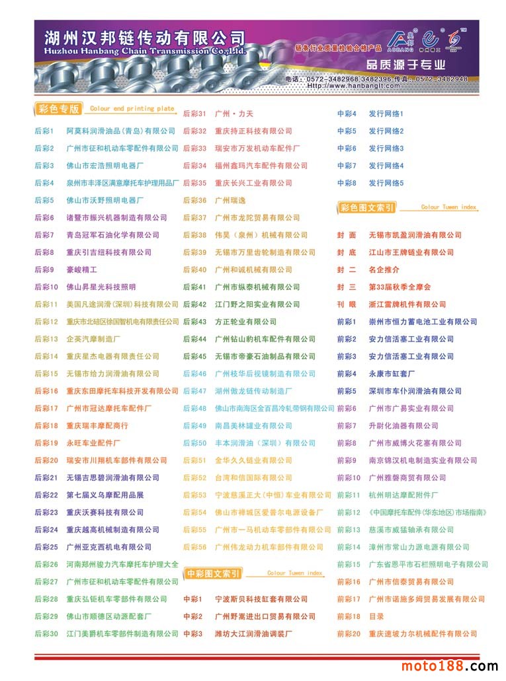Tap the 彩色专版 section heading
[x=59, y=109]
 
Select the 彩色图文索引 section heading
[x=367, y=208]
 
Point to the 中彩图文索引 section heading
[x=214, y=573]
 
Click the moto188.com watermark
[x=449, y=666]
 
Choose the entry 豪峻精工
[x=81, y=269]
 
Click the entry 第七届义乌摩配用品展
[x=105, y=495]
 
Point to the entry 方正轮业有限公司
[x=245, y=322]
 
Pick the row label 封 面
[x=347, y=235]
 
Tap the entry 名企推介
[x=384, y=269]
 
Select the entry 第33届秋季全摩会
[x=400, y=287]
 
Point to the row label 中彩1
[x=192, y=599]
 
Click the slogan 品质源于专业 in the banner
[x=405, y=65]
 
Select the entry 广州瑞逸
[x=230, y=200]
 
